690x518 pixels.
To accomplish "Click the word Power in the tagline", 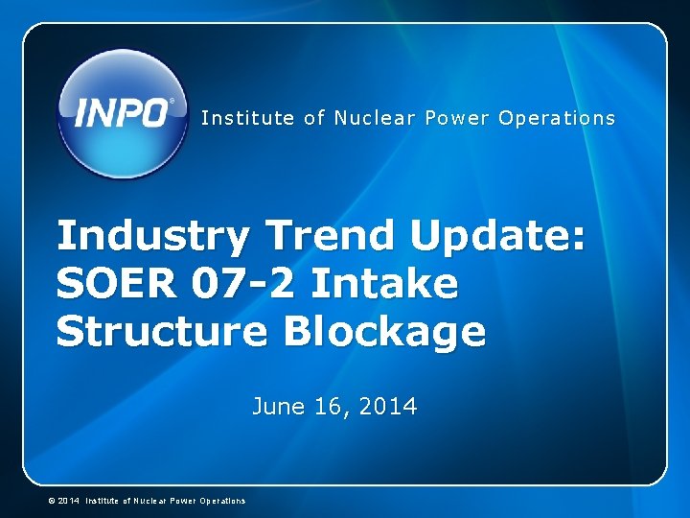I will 457,118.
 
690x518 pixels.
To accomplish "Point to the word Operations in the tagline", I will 558,118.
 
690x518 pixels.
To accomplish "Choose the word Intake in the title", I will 385,284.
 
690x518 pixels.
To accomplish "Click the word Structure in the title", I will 163,333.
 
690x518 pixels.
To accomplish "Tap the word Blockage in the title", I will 384,333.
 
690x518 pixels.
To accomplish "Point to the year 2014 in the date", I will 389,407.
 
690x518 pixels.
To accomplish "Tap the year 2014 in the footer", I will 68,501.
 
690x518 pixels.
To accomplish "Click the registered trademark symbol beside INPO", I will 172,101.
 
